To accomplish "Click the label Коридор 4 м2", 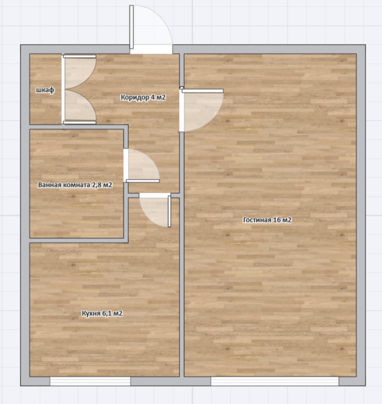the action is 143,97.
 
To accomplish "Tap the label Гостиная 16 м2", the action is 267,220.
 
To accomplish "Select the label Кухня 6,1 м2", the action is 102,313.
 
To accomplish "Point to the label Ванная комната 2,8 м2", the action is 75,185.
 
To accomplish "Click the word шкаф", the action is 45,90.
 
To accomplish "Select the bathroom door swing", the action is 142,166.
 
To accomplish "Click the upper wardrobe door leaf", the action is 80,72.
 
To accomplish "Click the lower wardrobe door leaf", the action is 80,107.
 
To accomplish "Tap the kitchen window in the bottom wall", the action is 90,381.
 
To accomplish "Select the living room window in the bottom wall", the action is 275,381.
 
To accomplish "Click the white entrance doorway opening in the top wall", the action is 151,49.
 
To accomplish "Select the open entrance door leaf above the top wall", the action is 131,27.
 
